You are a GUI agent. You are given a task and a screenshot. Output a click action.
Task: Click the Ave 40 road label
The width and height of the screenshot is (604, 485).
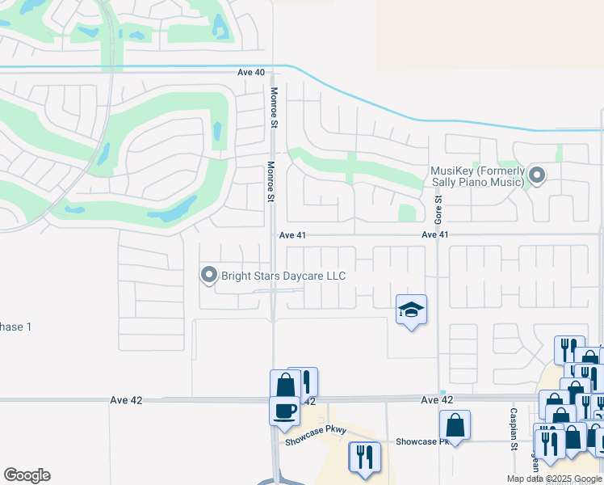click(x=251, y=73)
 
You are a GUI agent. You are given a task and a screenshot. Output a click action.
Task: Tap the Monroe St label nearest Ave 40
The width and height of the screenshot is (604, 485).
click(x=274, y=108)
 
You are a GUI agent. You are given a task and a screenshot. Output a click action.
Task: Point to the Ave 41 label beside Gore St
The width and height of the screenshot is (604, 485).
click(x=434, y=235)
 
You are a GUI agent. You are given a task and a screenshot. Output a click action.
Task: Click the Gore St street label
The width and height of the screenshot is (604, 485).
click(x=438, y=209)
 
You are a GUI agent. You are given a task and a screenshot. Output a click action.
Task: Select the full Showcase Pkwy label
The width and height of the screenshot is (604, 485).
click(x=315, y=441)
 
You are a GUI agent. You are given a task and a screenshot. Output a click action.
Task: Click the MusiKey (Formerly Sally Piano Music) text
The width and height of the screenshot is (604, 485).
click(x=477, y=176)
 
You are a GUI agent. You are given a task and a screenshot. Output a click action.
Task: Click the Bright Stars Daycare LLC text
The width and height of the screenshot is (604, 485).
click(x=283, y=276)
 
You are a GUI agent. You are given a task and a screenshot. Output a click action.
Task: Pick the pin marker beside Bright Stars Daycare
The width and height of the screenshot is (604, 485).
click(x=208, y=276)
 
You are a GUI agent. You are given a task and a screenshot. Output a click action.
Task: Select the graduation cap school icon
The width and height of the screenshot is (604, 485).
click(x=411, y=310)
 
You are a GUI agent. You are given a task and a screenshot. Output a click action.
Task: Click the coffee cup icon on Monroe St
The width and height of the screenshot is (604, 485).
click(x=284, y=411)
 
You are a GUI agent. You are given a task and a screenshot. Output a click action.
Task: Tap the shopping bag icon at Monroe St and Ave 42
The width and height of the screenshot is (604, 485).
click(x=285, y=386)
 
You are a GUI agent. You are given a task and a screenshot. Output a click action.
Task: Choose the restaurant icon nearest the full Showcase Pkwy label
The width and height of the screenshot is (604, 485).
click(x=364, y=457)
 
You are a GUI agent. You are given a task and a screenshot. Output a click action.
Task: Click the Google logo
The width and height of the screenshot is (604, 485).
click(x=27, y=475)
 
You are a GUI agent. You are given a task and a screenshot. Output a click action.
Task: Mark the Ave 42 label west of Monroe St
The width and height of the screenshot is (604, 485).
click(x=122, y=400)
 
